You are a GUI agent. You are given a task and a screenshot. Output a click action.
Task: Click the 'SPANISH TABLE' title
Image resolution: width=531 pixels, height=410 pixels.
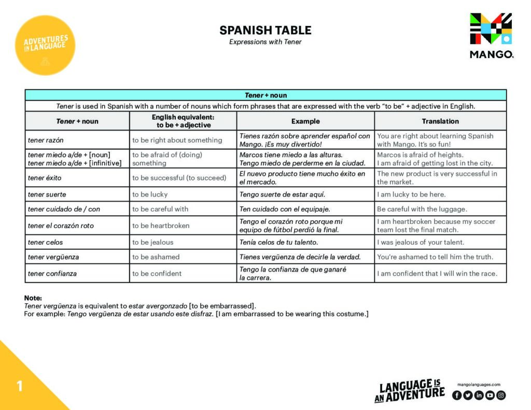[265, 30]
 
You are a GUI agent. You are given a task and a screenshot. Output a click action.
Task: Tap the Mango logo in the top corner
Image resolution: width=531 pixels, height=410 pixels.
[491, 35]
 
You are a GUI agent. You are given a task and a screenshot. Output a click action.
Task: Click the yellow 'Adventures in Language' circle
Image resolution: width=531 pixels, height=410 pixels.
[45, 46]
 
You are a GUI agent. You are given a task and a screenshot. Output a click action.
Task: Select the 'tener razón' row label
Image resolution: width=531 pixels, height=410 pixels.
[47, 140]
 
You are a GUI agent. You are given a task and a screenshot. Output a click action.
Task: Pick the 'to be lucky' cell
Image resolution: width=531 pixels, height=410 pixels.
[150, 194]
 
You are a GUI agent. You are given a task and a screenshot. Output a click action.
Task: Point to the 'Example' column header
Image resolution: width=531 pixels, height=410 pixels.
[305, 121]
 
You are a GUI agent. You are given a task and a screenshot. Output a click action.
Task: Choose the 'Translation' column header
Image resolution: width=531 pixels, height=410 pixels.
[440, 121]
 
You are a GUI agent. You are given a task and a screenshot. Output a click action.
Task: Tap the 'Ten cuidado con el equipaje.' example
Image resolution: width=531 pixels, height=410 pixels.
[285, 209]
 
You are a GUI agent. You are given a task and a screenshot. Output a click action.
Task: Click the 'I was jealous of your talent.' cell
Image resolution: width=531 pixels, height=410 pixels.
[421, 242]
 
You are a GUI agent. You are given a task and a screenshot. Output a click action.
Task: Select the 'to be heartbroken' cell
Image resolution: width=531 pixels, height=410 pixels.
[161, 225]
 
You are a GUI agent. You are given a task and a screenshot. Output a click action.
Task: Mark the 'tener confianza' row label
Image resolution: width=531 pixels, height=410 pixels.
[52, 273]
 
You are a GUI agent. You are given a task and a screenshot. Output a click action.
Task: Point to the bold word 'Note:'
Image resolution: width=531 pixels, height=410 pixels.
[33, 298]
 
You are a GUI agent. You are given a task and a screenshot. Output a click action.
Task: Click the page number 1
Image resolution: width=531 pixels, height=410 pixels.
[20, 386]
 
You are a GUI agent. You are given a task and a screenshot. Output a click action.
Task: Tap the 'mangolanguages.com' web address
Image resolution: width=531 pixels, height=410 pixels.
[479, 385]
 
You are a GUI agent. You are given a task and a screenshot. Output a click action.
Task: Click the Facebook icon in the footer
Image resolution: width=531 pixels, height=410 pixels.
[457, 395]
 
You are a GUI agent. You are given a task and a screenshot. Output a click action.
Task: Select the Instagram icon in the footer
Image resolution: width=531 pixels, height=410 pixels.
[500, 395]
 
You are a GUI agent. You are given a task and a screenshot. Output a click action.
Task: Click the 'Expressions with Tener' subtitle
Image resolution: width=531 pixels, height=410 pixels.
[265, 42]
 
